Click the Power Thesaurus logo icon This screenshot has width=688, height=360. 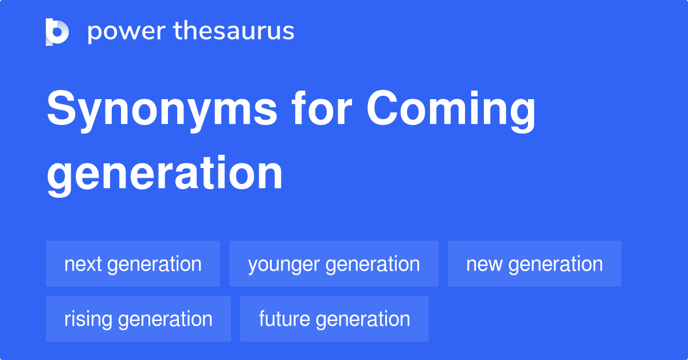[x=57, y=32]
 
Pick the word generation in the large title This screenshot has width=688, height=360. [x=165, y=174]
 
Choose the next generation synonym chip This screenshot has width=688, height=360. [x=133, y=264]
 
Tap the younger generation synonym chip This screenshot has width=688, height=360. [x=334, y=264]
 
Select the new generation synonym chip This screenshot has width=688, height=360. [x=534, y=264]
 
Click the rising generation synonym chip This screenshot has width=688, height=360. [x=138, y=319]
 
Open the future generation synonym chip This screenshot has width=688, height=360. [x=334, y=319]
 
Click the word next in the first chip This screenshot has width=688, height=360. [x=83, y=264]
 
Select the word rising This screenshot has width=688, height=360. [x=88, y=319]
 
